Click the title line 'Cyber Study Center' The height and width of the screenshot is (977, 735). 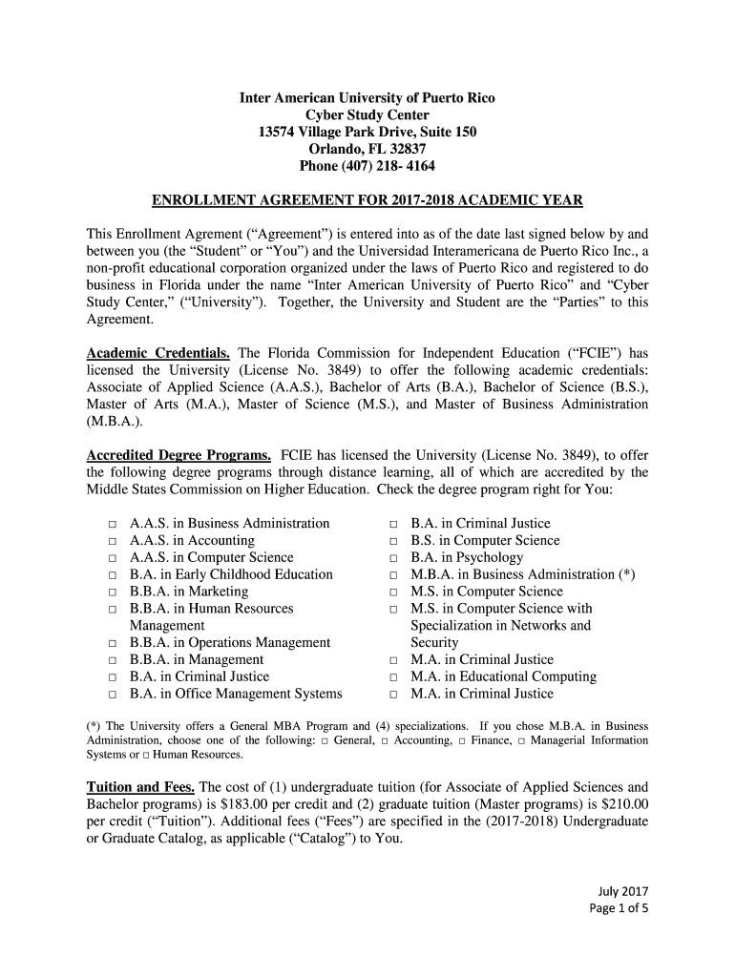click(367, 114)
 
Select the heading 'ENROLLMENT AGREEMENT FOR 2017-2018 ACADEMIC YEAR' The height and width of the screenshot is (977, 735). click(367, 201)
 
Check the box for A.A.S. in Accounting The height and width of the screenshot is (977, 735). click(112, 541)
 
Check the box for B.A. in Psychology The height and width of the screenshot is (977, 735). click(392, 558)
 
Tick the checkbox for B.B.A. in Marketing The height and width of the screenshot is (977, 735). click(112, 592)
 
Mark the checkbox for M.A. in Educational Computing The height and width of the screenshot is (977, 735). click(392, 677)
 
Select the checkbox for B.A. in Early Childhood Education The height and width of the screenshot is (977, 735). click(112, 575)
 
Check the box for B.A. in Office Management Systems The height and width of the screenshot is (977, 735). click(112, 695)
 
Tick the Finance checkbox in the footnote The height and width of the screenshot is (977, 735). click(461, 740)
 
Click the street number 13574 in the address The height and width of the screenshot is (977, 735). click(282, 132)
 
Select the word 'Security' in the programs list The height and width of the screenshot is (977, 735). click(434, 642)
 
